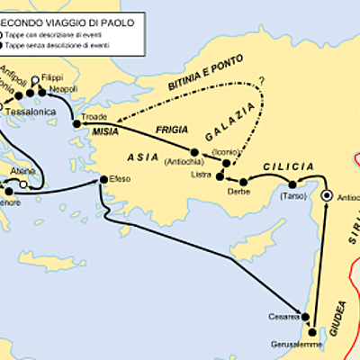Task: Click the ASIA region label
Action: coord(142,157)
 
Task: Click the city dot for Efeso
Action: coord(103,180)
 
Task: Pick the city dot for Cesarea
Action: coord(306,317)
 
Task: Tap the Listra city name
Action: coord(202,174)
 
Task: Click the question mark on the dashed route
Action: coord(263,82)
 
